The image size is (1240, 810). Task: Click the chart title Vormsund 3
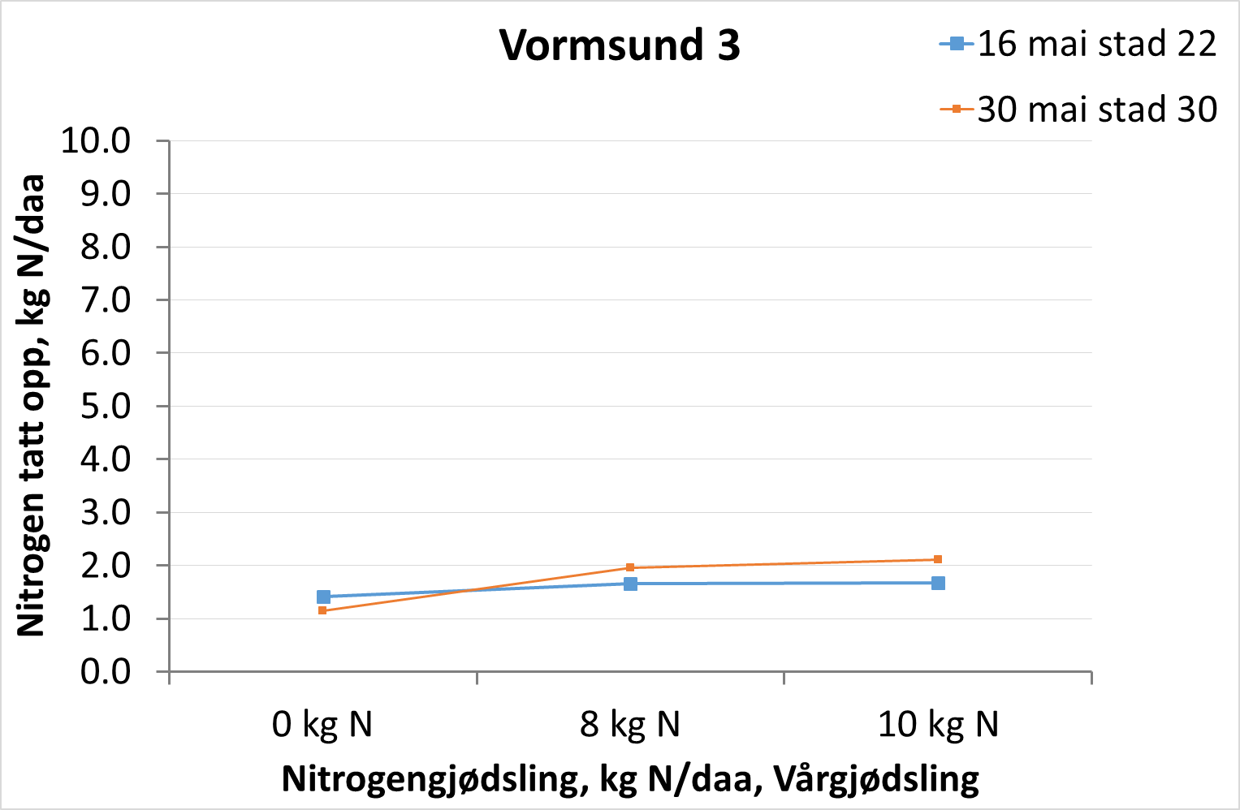[x=620, y=45]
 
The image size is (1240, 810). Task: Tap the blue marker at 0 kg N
[x=323, y=597]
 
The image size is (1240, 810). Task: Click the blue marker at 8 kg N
[x=630, y=584]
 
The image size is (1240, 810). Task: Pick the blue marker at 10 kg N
[x=938, y=583]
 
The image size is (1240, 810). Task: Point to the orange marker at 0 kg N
[x=322, y=610]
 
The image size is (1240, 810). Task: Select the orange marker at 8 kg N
[x=630, y=567]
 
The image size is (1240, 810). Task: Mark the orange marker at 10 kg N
[x=938, y=559]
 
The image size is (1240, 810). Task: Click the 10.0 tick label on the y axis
[x=96, y=141]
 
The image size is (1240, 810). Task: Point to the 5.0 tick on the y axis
[x=106, y=407]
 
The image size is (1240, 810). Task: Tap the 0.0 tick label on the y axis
[x=106, y=672]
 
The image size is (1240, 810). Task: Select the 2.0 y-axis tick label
[x=106, y=566]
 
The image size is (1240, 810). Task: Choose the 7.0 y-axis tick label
[x=106, y=300]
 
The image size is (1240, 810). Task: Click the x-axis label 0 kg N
[x=322, y=724]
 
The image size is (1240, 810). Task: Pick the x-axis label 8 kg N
[x=630, y=724]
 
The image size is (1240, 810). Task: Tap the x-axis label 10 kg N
[x=938, y=724]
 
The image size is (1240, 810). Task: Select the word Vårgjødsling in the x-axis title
[x=876, y=779]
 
